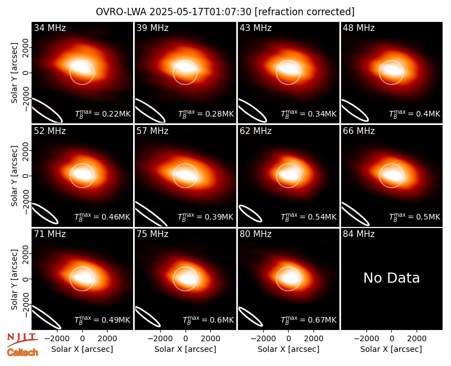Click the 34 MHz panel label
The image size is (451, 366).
[x=50, y=28]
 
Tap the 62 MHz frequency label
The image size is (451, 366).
[x=255, y=131]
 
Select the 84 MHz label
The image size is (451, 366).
[x=359, y=234]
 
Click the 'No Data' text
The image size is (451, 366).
[x=391, y=278]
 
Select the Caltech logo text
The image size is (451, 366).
[x=23, y=352]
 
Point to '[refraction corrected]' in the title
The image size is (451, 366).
[x=305, y=12]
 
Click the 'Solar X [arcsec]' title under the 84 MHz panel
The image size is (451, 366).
[x=391, y=349]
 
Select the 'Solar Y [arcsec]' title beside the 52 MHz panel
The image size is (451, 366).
[x=15, y=176]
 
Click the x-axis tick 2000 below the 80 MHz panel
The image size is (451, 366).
[x=313, y=339]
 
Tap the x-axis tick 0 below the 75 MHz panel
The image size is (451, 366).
[x=185, y=339]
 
